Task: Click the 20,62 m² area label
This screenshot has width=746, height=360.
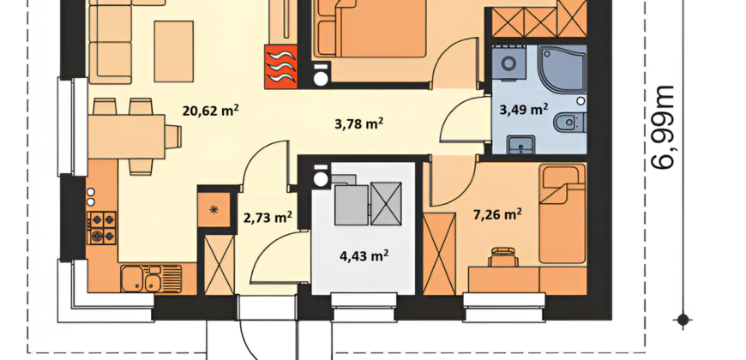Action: coord(210,111)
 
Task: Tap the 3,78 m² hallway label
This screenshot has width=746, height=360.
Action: coord(359,124)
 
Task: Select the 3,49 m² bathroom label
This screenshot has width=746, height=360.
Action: coord(523,110)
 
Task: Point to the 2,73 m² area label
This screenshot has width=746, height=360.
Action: coord(268,218)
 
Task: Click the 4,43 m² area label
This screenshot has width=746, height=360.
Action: coord(364,256)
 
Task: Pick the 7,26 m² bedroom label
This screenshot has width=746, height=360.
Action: coord(497,214)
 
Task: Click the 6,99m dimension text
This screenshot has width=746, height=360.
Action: coord(663,128)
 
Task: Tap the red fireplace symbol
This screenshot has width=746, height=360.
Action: coord(281,67)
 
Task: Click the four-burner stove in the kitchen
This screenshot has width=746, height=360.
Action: coord(101,228)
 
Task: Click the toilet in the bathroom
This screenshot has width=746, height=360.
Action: coord(569,123)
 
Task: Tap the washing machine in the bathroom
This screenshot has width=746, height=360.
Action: coord(508,63)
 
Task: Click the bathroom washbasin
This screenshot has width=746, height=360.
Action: coord(521,145)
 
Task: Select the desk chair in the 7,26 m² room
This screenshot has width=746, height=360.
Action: coord(503,257)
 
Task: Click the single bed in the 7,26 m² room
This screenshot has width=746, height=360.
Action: coord(563,213)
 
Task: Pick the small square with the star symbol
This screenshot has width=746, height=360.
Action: coord(214,209)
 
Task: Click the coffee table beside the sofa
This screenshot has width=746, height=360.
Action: coord(174,51)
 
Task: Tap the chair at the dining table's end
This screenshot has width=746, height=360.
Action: coord(173,136)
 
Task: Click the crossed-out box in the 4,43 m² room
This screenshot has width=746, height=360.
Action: coord(386,203)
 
